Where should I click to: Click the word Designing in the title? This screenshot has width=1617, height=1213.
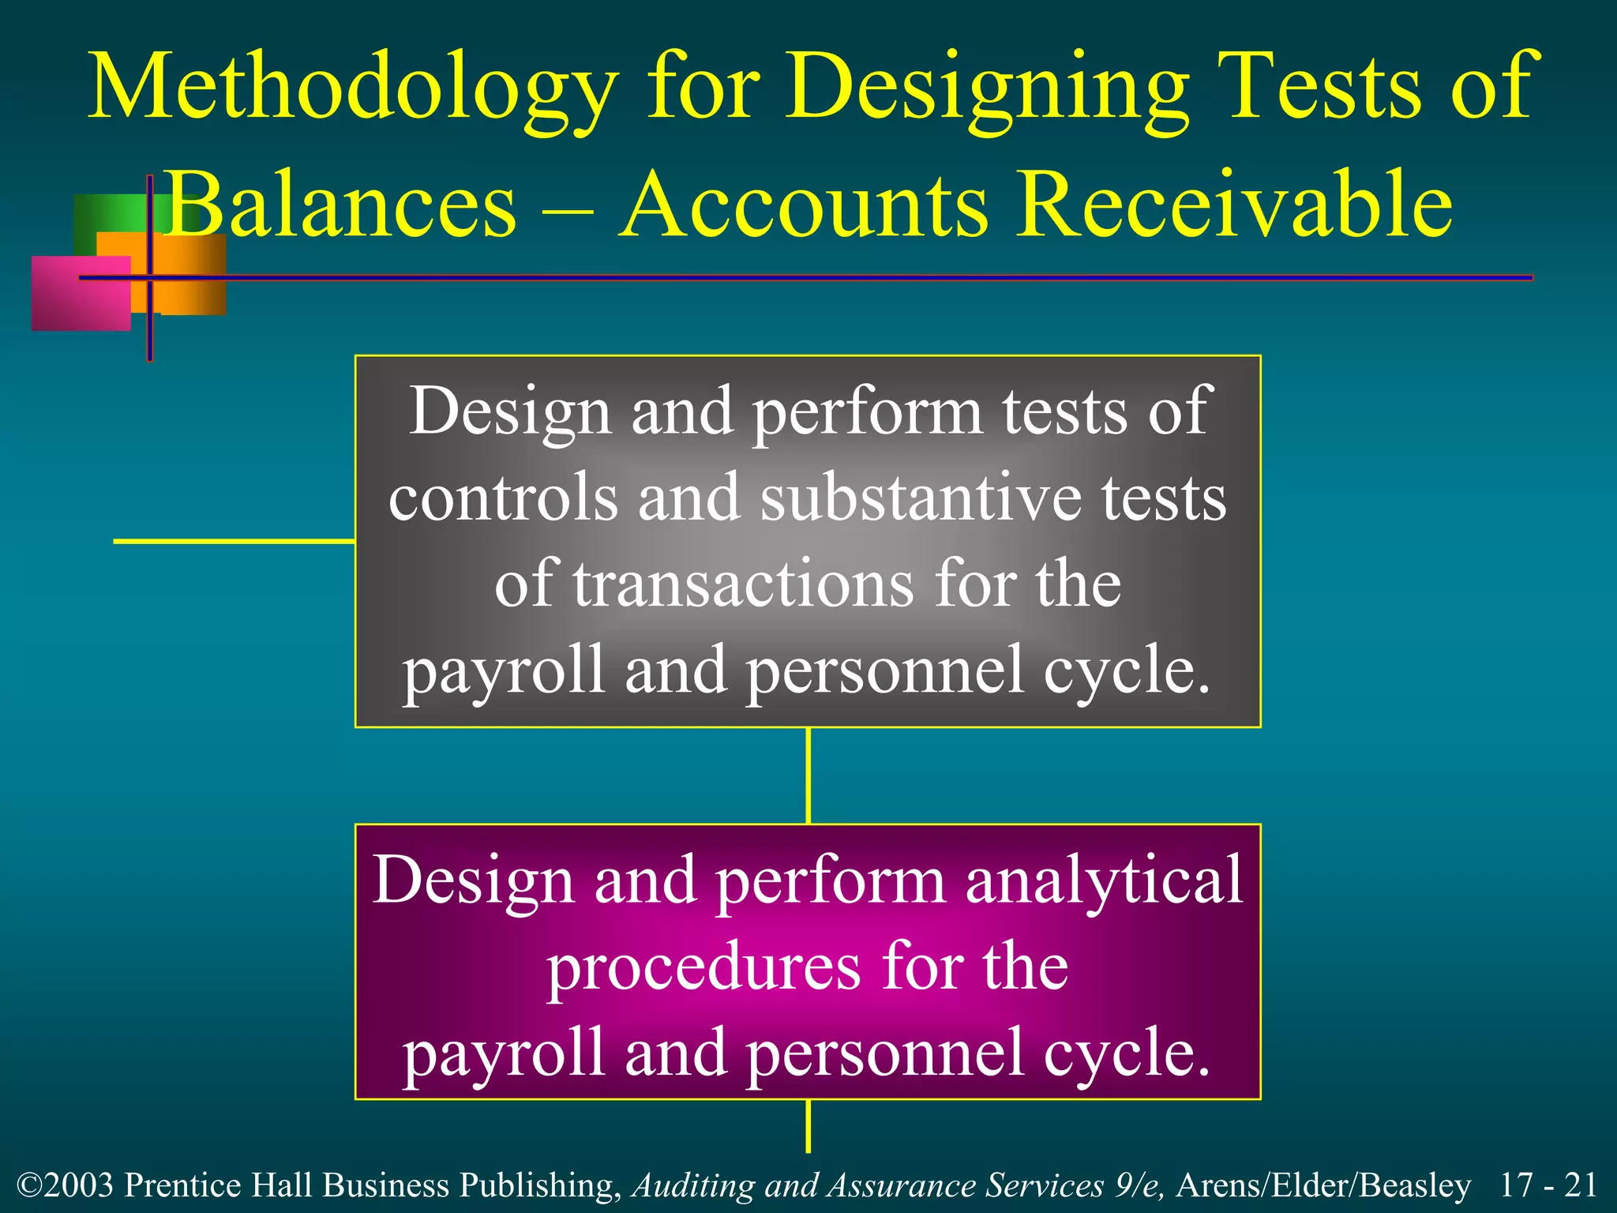pyautogui.click(x=986, y=87)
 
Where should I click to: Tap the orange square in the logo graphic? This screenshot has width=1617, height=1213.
pyautogui.click(x=193, y=276)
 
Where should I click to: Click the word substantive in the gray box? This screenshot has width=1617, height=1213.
pyautogui.click(x=920, y=499)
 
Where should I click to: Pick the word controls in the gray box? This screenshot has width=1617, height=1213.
pyautogui.click(x=503, y=499)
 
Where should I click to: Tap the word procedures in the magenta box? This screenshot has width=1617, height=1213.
pyautogui.click(x=703, y=967)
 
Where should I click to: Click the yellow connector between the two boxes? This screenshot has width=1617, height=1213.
pyautogui.click(x=808, y=775)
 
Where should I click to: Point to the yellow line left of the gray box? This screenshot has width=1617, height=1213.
pyautogui.click(x=234, y=541)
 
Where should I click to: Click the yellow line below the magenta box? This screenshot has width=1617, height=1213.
pyautogui.click(x=808, y=1125)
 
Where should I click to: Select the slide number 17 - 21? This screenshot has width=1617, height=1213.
pyautogui.click(x=1548, y=1185)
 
